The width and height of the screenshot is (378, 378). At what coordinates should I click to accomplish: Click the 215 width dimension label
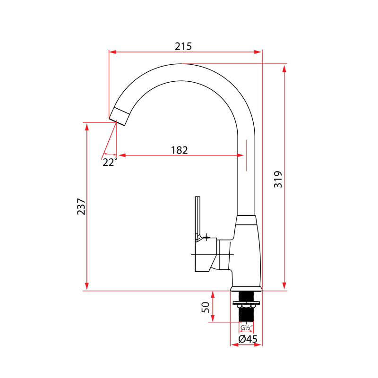coord(183,46)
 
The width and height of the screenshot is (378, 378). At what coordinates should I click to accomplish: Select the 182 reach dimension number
coord(180,150)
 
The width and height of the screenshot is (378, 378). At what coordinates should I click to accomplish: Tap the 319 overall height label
coord(278,180)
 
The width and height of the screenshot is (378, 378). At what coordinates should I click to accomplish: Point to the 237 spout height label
coord(81,207)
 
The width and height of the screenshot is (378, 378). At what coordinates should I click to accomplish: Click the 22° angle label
coord(110,163)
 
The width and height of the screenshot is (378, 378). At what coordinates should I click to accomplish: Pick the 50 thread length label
coord(206,308)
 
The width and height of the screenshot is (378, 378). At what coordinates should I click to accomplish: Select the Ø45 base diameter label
coord(248,339)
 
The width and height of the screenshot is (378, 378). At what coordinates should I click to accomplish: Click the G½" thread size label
coord(246,327)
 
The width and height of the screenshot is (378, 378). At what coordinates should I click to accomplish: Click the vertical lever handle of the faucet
coord(198,217)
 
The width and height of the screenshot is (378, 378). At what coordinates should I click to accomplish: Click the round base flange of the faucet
coord(246,289)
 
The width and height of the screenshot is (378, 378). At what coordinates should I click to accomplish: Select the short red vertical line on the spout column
coord(246,156)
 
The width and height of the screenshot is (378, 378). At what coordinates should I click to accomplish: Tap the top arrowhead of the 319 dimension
coord(284,68)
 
